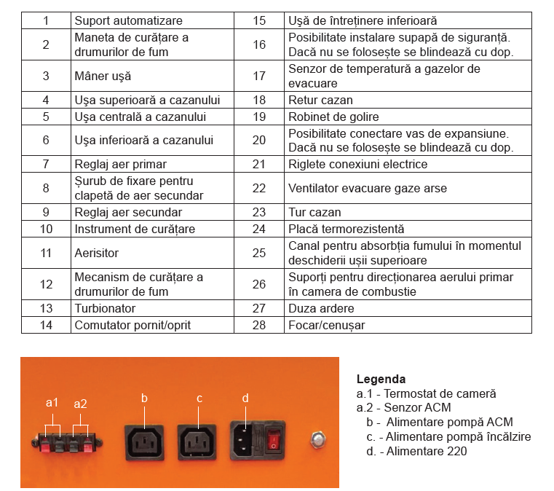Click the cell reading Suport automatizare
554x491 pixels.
[x=128, y=21]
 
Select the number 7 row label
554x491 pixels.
[x=46, y=165]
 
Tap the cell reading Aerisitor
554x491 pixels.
[x=96, y=253]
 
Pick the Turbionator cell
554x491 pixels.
[x=105, y=309]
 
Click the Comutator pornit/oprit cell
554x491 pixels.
[x=132, y=326]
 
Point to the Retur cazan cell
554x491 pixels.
[x=320, y=100]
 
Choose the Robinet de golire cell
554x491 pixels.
[x=333, y=117]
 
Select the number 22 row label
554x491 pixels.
[x=259, y=189]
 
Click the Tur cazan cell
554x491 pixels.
[x=312, y=213]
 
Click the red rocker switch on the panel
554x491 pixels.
[x=274, y=439]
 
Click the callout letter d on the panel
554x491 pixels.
[x=245, y=398]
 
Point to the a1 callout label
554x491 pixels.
[x=52, y=402]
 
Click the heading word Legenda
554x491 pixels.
[x=381, y=380]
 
